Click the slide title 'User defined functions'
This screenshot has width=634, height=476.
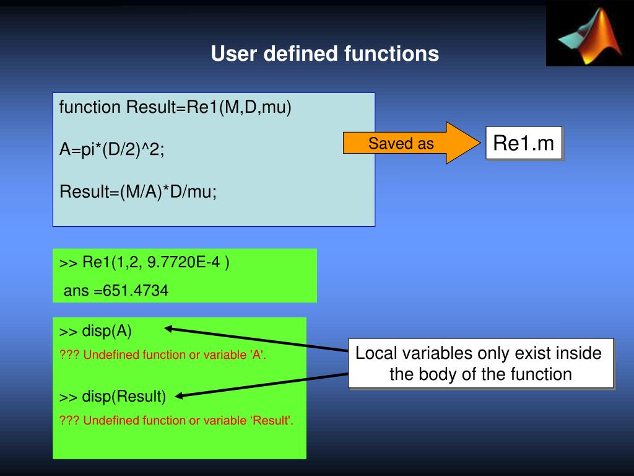click(324, 54)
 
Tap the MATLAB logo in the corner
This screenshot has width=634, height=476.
click(589, 35)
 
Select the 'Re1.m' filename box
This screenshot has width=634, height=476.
click(523, 143)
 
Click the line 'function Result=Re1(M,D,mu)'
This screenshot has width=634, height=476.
click(175, 107)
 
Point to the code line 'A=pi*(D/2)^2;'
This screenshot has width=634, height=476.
click(112, 149)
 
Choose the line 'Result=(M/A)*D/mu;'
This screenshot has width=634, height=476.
click(138, 192)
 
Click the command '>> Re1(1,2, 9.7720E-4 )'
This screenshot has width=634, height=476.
click(144, 262)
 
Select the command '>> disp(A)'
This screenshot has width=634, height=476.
click(96, 331)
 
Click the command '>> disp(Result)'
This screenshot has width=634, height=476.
click(113, 396)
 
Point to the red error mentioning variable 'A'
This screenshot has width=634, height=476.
click(162, 355)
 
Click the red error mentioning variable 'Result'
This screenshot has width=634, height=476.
click(176, 421)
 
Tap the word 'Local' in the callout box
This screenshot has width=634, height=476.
click(376, 353)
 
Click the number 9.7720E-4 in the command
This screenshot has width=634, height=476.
click(183, 262)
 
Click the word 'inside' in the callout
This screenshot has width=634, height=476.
click(578, 353)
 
